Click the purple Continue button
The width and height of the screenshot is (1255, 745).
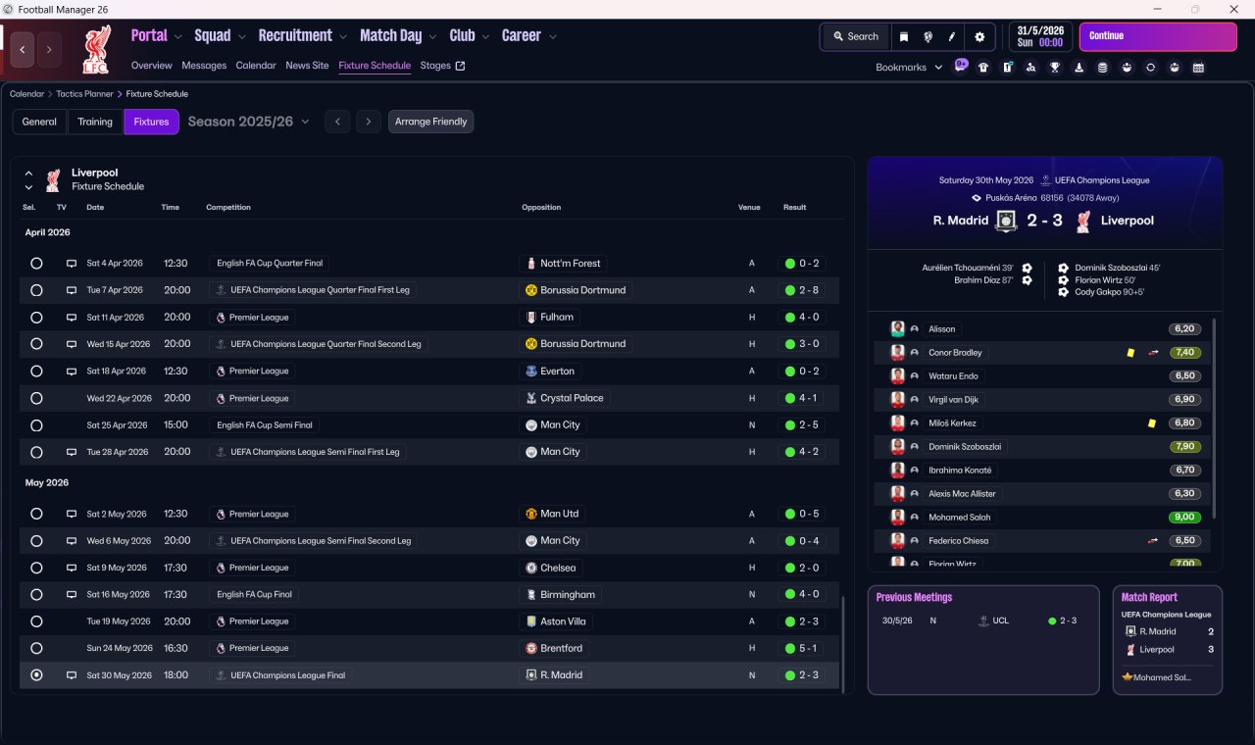[1157, 36]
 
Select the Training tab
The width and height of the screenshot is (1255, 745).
[95, 122]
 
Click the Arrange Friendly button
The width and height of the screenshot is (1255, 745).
[430, 122]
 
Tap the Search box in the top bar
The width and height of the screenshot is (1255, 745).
[855, 36]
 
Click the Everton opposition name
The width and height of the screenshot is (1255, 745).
[557, 372]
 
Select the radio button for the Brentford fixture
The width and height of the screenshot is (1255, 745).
[36, 648]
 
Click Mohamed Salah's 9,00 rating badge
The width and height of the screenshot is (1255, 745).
[1184, 518]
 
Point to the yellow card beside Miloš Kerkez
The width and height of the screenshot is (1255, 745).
[1151, 423]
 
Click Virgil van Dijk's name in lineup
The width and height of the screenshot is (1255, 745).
[953, 400]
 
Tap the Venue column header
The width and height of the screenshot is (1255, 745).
[749, 208]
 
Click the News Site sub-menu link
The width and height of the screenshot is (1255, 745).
[307, 66]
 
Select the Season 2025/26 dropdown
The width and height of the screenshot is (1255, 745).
[248, 122]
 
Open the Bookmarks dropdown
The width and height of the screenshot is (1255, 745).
[909, 68]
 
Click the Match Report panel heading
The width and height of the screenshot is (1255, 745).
[1149, 597]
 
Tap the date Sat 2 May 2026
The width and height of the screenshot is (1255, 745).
[116, 514]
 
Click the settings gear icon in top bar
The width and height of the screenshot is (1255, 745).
[979, 36]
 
